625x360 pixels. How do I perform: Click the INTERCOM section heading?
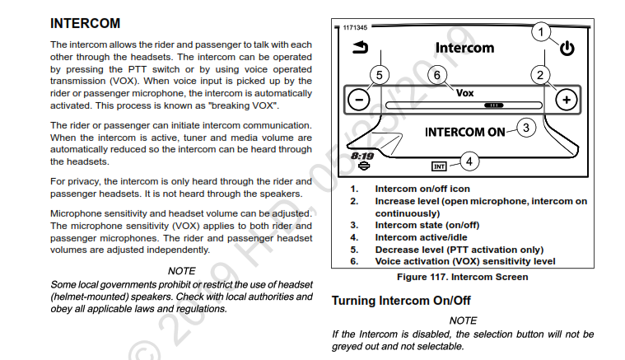86,23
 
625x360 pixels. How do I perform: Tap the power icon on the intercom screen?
567,49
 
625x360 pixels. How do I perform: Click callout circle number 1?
541,31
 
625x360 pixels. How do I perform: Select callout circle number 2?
541,75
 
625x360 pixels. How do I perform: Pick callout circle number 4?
468,161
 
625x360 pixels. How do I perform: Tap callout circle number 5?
379,75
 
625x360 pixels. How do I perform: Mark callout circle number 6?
437,75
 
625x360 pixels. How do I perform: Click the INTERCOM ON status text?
464,132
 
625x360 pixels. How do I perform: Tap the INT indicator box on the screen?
440,166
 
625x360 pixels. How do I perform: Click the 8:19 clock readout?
362,155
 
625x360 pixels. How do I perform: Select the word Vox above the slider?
464,93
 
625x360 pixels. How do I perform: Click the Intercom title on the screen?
464,48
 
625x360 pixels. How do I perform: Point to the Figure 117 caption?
463,277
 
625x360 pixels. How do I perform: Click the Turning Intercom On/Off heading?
400,301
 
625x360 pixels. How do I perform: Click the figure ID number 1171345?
356,27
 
